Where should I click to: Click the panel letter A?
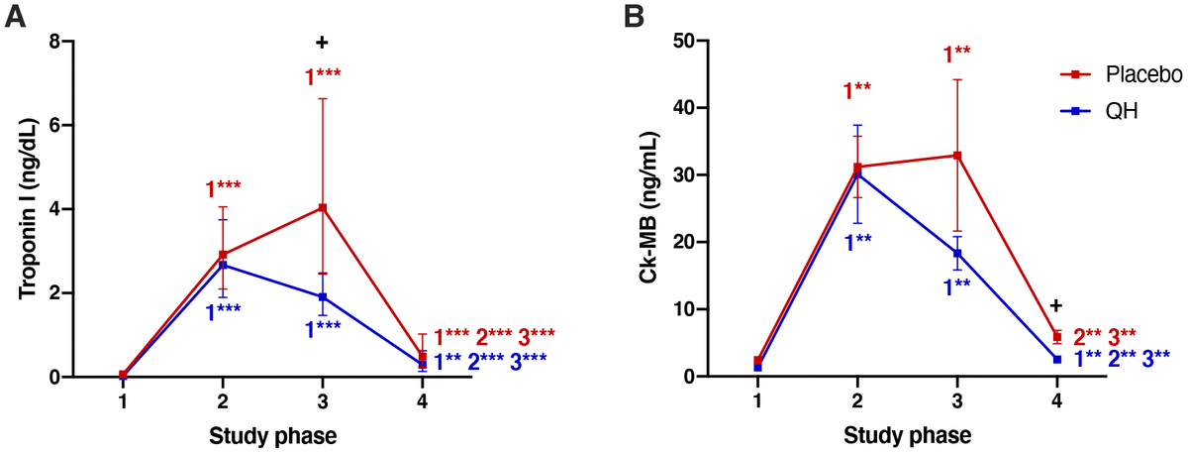(15, 17)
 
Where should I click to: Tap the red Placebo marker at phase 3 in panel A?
(322, 207)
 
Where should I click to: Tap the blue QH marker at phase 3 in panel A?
(322, 297)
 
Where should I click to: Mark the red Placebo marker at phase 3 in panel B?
(957, 156)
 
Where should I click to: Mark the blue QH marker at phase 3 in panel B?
(957, 253)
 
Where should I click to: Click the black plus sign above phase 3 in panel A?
(322, 43)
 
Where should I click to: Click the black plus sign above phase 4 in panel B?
(1057, 306)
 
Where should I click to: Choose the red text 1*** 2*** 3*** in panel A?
(495, 337)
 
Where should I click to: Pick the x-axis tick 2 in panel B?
(857, 401)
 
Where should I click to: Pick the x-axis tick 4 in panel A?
(423, 401)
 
